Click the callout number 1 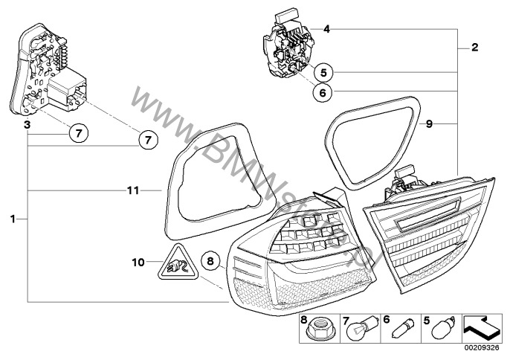[13, 219]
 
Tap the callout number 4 [326, 29]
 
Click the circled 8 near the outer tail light [210, 261]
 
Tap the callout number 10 [138, 262]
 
